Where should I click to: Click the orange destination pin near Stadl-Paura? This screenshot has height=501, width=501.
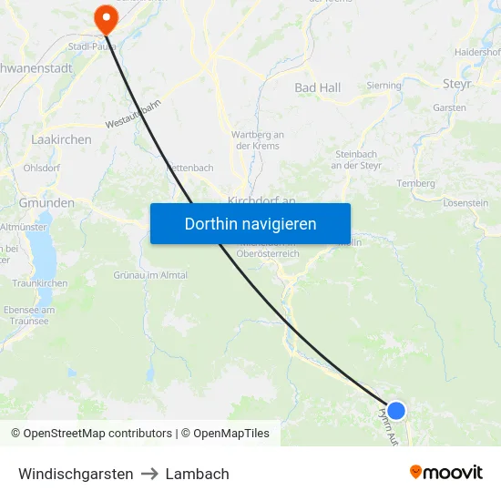(106, 16)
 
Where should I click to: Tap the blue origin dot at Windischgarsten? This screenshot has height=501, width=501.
(396, 411)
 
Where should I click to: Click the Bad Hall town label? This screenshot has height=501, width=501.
(317, 87)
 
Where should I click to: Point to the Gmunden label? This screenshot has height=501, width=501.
(46, 203)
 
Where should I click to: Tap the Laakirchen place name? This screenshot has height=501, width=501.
(61, 139)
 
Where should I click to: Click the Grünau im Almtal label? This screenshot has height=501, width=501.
(150, 275)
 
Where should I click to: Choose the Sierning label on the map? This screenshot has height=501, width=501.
(383, 86)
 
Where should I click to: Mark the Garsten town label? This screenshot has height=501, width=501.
(450, 107)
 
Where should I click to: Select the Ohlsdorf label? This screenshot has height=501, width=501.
(42, 168)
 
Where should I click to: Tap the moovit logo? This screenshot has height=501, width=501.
(446, 473)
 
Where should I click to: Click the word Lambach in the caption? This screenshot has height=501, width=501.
(197, 474)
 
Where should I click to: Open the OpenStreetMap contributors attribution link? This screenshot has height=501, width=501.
(97, 434)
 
